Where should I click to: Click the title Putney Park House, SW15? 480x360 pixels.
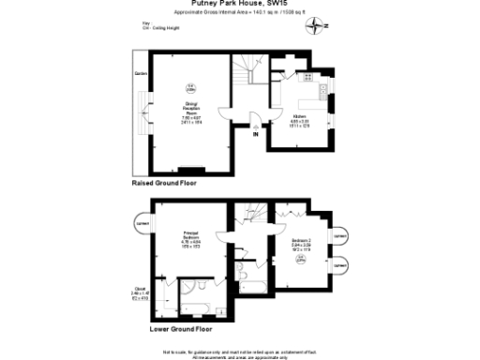(240, 5)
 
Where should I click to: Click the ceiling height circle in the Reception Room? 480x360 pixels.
(190, 90)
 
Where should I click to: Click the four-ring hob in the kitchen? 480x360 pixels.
(321, 91)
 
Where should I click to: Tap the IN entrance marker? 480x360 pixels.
(255, 135)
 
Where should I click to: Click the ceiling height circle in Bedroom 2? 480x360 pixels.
(300, 262)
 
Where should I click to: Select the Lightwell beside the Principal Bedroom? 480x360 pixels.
(142, 224)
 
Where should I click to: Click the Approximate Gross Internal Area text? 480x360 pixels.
(240, 13)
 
